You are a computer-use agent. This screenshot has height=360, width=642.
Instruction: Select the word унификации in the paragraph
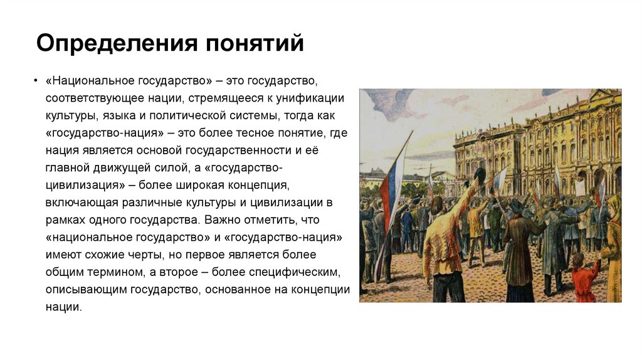tap(313, 99)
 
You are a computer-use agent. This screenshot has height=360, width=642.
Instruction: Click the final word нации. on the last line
tap(63, 307)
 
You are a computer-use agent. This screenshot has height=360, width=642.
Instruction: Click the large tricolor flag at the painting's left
tap(392, 182)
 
